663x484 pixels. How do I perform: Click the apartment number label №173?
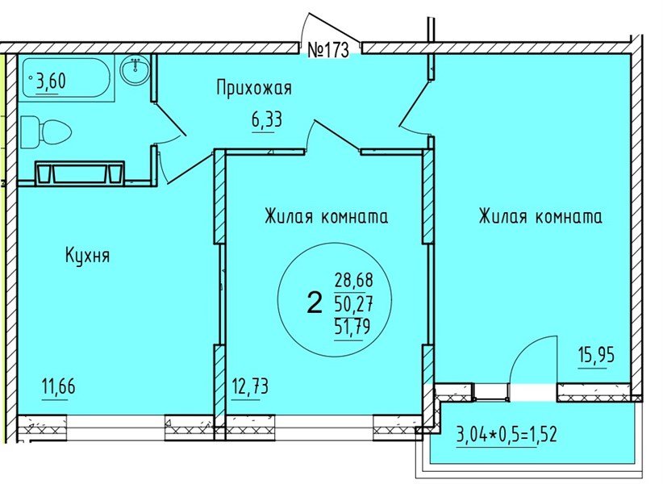coord(328,50)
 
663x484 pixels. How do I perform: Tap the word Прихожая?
coord(253,88)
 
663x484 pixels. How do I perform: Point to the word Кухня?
coord(87,257)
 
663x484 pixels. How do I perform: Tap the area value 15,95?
coord(597,353)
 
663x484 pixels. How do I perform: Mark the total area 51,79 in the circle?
coord(350,327)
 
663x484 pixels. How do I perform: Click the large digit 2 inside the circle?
coord(315,303)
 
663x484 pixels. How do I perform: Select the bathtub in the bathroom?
coord(68,77)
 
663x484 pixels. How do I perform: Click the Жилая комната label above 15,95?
coord(540,217)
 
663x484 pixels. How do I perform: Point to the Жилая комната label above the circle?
coord(326,217)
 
